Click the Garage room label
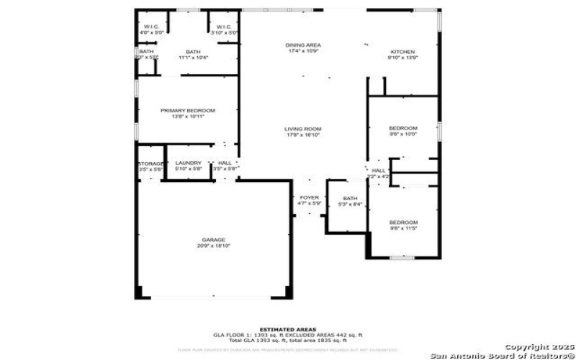(x=214, y=239)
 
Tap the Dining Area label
(x=303, y=45)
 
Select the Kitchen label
(x=402, y=52)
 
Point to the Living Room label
(x=302, y=128)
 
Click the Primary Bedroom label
(x=188, y=110)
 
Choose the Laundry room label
(x=189, y=163)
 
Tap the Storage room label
(x=151, y=164)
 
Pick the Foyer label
(x=309, y=198)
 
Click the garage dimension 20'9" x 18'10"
(x=214, y=246)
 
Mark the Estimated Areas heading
(x=287, y=329)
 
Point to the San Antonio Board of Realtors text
(x=503, y=355)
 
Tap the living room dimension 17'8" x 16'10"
(x=302, y=135)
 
